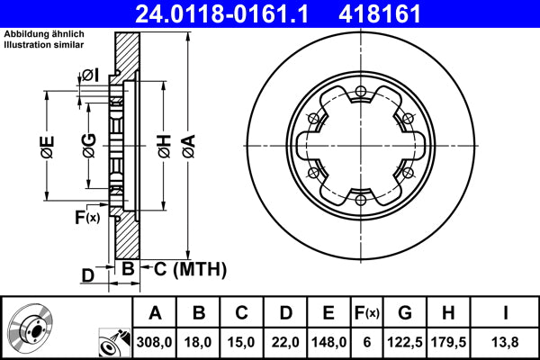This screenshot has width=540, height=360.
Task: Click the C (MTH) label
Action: click(184, 269)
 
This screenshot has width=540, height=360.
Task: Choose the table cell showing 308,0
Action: click(155, 341)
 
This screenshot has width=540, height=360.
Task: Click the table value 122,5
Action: click(405, 341)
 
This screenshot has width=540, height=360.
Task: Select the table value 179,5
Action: click(449, 341)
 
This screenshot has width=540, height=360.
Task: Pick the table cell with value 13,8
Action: click(506, 341)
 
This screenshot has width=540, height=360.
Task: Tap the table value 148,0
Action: click(328, 341)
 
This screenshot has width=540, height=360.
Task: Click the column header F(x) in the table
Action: click(368, 313)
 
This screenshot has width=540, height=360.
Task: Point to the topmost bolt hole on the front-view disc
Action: click(360, 90)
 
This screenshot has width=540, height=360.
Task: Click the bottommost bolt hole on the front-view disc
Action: click(360, 199)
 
